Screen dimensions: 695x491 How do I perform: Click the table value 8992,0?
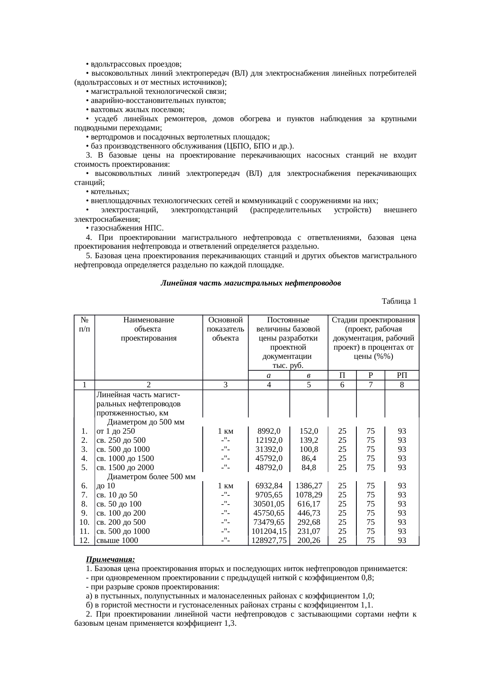[269, 431]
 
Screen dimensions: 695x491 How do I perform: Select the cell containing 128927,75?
[269, 541]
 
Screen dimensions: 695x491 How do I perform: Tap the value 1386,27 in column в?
[309, 486]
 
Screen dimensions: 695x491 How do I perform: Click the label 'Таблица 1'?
[399, 302]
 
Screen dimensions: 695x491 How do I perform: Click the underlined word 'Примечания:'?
[110, 560]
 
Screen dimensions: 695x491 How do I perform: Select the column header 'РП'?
[402, 375]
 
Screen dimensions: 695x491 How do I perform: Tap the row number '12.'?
[84, 541]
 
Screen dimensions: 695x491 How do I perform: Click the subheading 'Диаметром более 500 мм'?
[151, 477]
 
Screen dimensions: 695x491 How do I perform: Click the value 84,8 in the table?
[309, 468]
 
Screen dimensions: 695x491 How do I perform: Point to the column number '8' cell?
[402, 385]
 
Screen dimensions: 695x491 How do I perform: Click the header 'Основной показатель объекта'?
[225, 329]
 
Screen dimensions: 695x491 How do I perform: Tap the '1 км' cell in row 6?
[225, 486]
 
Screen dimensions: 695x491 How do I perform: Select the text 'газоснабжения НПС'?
[127, 228]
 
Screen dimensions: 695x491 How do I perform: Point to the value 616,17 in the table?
[309, 504]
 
